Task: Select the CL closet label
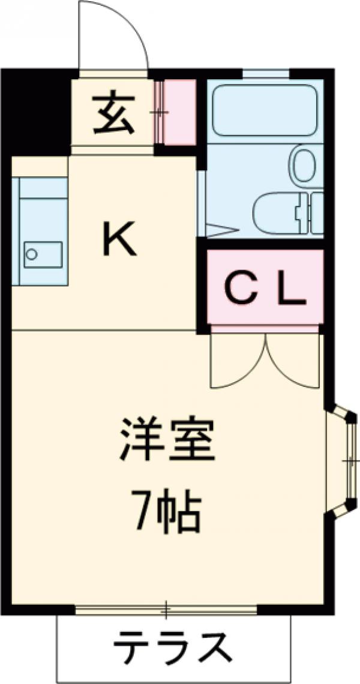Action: pos(265,290)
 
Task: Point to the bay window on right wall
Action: pos(347,460)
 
